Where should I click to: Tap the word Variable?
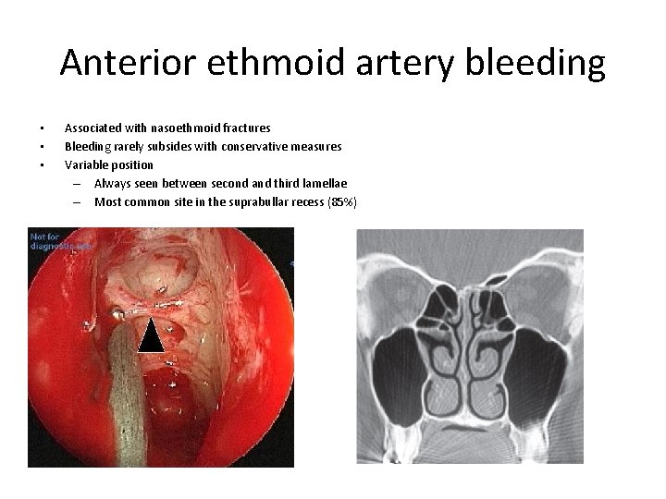pyautogui.click(x=85, y=164)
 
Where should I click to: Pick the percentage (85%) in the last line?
pyautogui.click(x=339, y=201)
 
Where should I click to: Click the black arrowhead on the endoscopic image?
pyautogui.click(x=150, y=335)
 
